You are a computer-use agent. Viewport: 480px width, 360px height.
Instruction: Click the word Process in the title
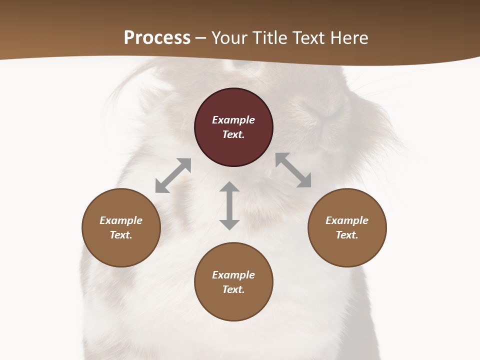coord(157,38)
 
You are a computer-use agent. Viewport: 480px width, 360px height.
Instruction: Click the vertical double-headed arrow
coord(229,205)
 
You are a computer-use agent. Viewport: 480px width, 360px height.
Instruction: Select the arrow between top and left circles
coord(173,175)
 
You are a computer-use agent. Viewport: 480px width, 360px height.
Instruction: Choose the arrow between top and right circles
coord(293,170)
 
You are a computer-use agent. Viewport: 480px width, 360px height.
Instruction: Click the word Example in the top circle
coord(233,120)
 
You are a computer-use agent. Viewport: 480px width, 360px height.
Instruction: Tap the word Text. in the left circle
coord(121,235)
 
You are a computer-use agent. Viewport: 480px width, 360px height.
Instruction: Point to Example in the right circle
coord(347,220)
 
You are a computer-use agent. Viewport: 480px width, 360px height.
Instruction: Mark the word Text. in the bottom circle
coord(233,289)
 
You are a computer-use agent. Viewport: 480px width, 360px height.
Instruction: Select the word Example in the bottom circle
coord(233,275)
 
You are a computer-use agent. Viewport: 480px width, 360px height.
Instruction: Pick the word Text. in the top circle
coord(233,134)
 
